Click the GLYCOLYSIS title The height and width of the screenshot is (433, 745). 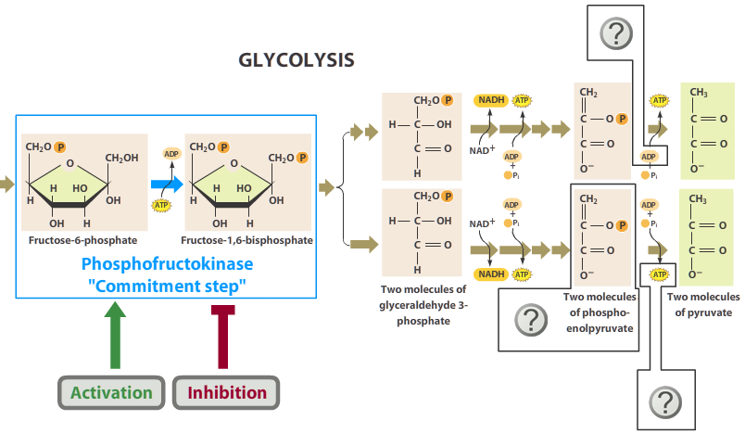coord(297,60)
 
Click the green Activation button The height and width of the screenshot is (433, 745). coord(112,392)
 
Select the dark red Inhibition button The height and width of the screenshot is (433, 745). coord(227,392)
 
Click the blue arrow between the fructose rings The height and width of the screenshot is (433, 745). coord(167,184)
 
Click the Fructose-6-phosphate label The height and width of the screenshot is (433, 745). coord(82,240)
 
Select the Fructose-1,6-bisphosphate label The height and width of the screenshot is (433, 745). coord(247,240)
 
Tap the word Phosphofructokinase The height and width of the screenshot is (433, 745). coord(166,264)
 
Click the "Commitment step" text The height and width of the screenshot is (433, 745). coord(166,286)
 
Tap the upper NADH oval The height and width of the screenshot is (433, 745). coord(491,99)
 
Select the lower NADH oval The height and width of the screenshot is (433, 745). coord(491,274)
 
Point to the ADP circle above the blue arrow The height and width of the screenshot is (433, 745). coord(171,154)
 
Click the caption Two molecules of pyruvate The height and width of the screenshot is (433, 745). coord(703,304)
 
